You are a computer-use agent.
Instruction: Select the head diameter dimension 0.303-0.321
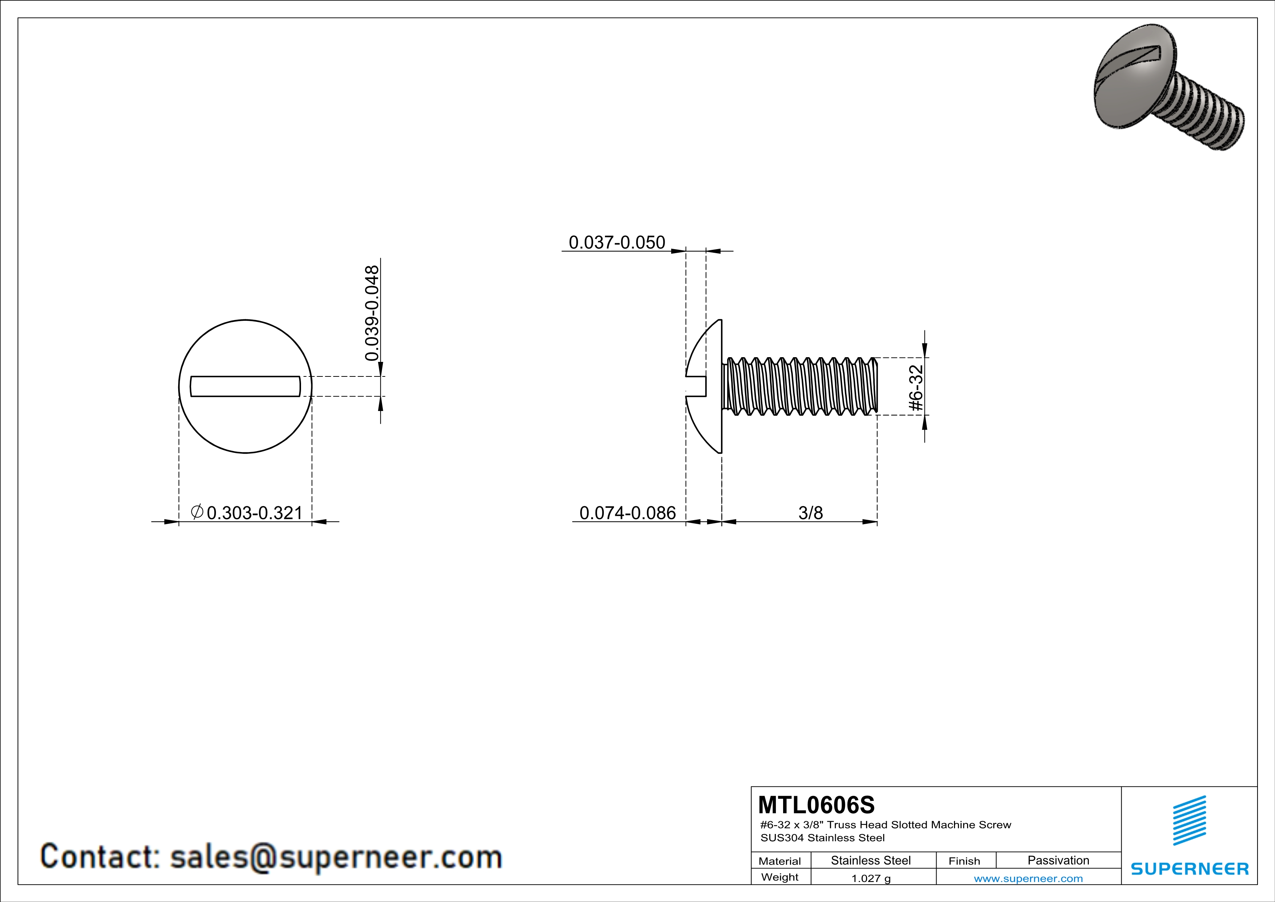pyautogui.click(x=254, y=513)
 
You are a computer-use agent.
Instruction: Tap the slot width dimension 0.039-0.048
pyautogui.click(x=372, y=313)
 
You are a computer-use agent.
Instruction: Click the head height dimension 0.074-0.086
pyautogui.click(x=628, y=513)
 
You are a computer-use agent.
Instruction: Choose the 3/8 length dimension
pyautogui.click(x=810, y=513)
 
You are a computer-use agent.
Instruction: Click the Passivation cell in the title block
pyautogui.click(x=1058, y=860)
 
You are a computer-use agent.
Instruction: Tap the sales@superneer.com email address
pyautogui.click(x=336, y=857)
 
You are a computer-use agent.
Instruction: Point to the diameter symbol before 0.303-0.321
pyautogui.click(x=197, y=511)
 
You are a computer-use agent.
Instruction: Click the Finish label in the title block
pyautogui.click(x=964, y=861)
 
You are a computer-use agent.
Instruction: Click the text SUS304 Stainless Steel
pyautogui.click(x=822, y=838)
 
